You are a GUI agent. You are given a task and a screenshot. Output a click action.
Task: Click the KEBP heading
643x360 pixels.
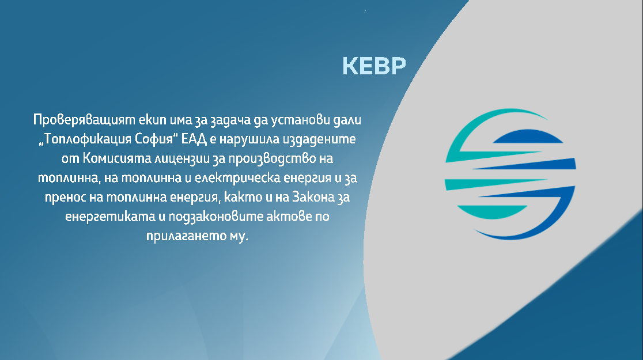(x=374, y=66)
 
